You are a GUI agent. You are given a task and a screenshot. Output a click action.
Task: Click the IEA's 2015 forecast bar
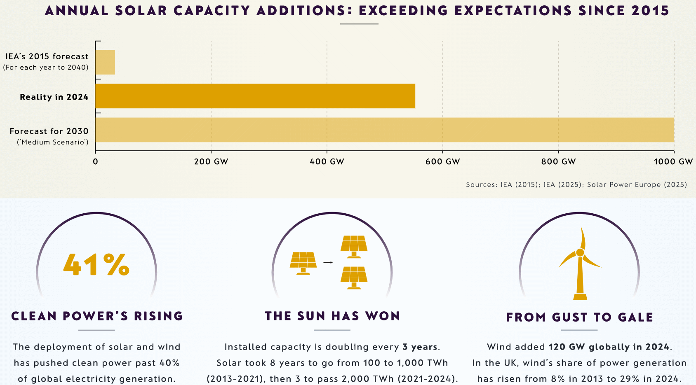[105, 62]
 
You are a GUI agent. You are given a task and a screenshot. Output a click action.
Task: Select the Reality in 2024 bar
[255, 96]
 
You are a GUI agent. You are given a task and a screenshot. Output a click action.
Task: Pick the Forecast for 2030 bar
[384, 130]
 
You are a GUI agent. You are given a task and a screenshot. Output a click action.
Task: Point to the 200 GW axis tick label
[211, 161]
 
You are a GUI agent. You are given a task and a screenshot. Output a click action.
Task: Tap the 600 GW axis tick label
[442, 161]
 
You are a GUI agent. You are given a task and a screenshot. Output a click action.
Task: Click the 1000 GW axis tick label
[673, 161]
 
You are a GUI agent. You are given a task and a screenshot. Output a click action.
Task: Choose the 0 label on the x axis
[95, 161]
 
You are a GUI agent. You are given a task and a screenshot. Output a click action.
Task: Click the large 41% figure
[96, 264]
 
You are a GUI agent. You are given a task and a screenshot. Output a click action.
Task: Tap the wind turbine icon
[580, 264]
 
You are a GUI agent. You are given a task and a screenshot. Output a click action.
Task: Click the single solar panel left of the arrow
[303, 263]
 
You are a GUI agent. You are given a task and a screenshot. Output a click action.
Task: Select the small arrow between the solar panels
[328, 262]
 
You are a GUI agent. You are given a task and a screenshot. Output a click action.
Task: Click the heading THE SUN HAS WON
[332, 316]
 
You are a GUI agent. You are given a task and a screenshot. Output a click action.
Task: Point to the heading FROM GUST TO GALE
[579, 317]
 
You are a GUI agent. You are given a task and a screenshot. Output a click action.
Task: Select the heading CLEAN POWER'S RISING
[97, 316]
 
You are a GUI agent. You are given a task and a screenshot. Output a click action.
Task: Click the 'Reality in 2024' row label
[54, 97]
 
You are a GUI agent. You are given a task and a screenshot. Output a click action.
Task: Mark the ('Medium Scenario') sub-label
[53, 142]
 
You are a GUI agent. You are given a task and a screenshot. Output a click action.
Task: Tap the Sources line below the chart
[576, 184]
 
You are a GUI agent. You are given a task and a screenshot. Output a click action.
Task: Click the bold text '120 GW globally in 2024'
[609, 347]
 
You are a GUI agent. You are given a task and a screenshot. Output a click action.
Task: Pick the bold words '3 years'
[420, 347]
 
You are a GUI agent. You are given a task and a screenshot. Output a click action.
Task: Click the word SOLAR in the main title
[141, 11]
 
